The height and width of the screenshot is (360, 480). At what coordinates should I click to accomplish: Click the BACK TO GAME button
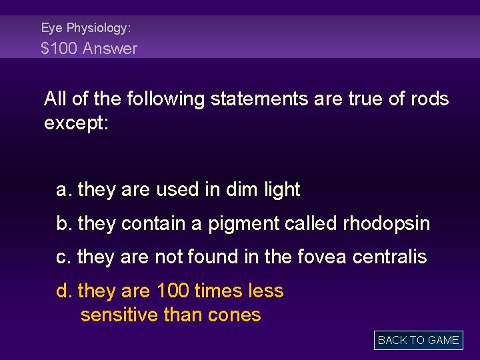(x=418, y=340)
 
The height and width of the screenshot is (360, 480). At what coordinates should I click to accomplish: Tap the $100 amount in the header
(x=59, y=48)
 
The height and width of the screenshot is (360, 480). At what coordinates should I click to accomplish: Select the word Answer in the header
(x=110, y=48)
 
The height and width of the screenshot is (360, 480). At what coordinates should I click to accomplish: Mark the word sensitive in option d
(x=119, y=315)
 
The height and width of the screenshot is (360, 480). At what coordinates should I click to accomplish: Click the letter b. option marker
(x=64, y=224)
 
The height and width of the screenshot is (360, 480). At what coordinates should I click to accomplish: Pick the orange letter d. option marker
(x=64, y=291)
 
